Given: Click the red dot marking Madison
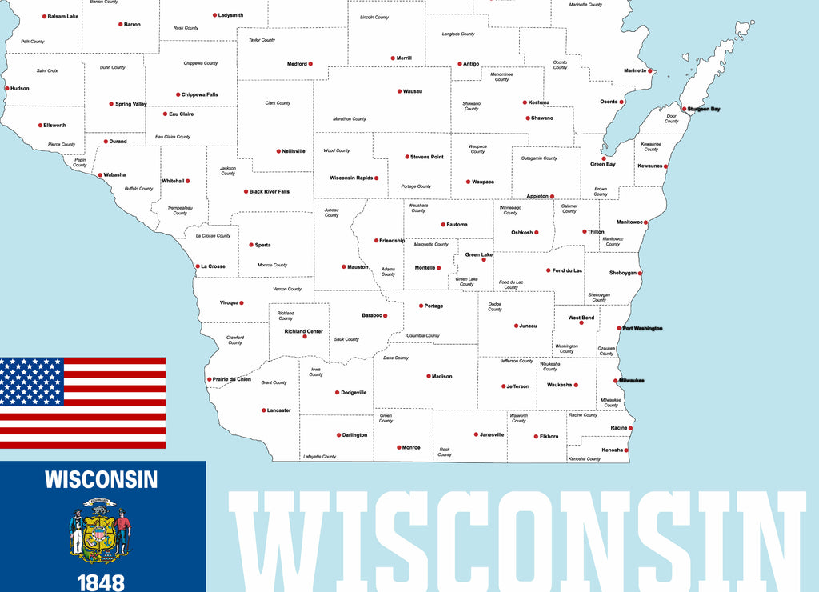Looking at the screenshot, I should [429, 376].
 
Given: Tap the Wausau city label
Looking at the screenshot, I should [413, 91].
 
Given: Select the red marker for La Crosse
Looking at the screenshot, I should [198, 266].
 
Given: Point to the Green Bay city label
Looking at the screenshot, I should [603, 164].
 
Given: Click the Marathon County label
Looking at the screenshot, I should [350, 119].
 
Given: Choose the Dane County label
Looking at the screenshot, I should [396, 358].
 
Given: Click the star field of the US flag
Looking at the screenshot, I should [31, 381].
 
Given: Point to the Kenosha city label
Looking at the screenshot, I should [612, 450].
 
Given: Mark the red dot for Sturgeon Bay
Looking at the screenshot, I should [684, 109].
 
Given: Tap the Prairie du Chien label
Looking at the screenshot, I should [232, 379].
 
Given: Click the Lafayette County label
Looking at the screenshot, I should [320, 456].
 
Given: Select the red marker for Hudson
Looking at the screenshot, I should [6, 89].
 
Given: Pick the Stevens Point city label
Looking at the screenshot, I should [426, 157].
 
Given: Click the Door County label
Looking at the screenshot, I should [672, 118].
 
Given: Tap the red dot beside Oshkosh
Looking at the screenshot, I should [537, 233].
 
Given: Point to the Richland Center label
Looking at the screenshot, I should [303, 331].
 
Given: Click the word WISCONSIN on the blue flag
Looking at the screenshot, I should [101, 479].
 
